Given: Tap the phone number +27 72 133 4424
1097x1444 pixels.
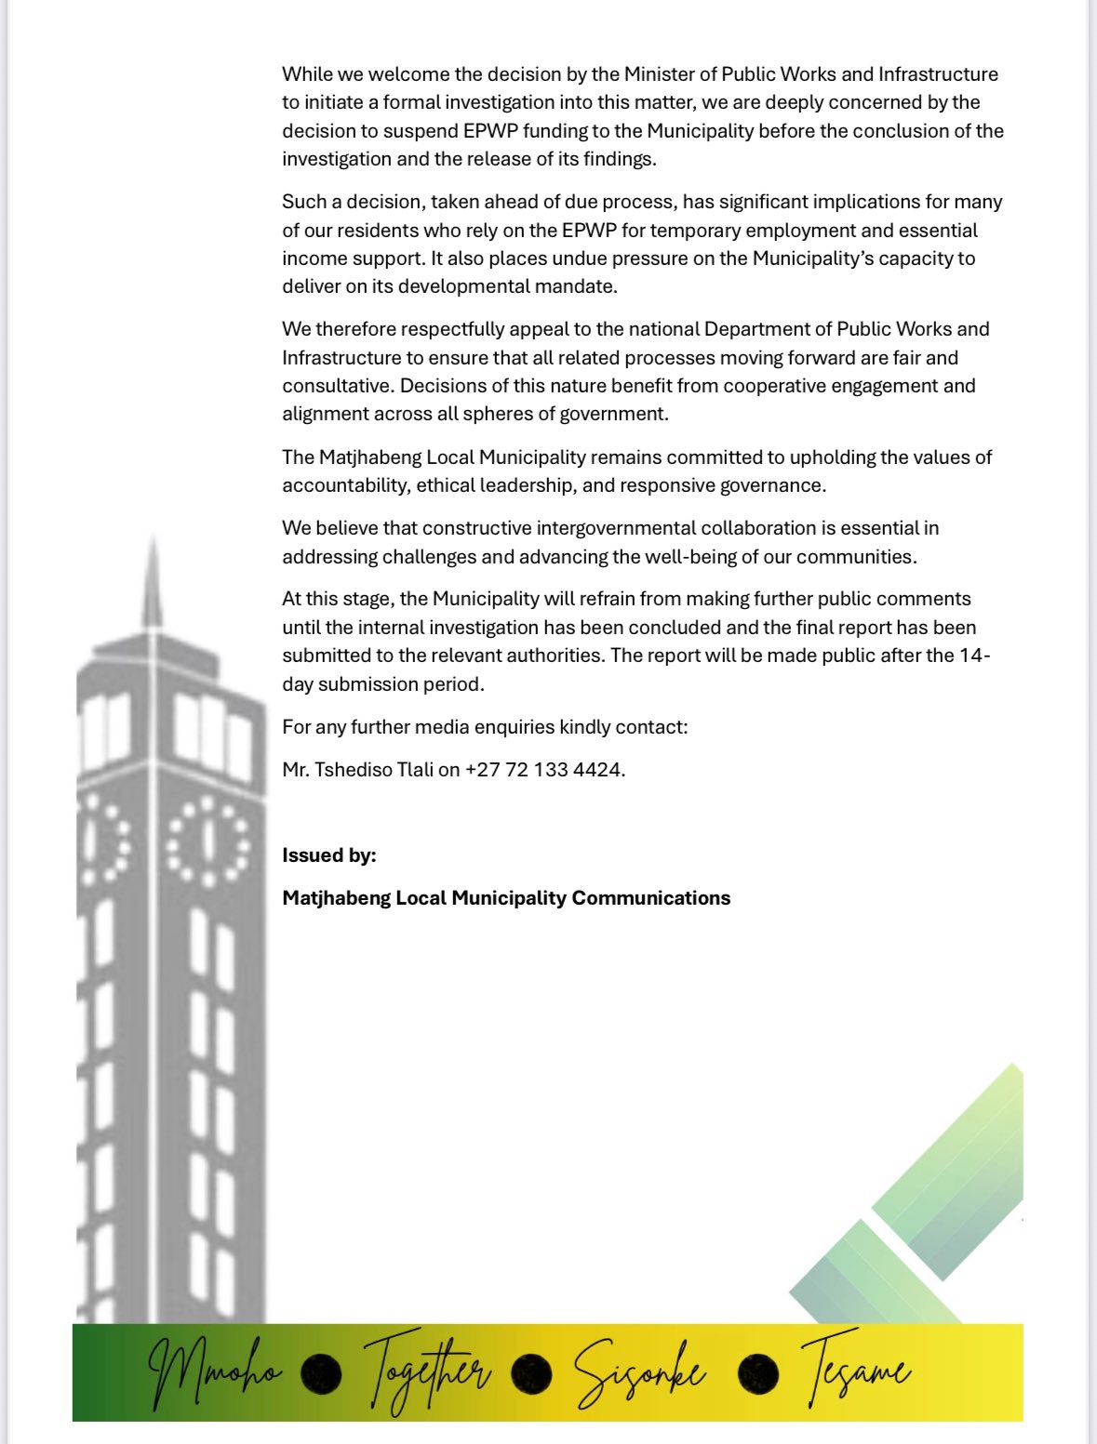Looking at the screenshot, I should [x=544, y=770].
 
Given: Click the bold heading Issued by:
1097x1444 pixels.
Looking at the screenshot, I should [x=329, y=855].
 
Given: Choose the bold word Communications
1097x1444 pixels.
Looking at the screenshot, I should [x=650, y=898].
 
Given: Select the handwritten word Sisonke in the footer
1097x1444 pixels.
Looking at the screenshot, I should [x=638, y=1372].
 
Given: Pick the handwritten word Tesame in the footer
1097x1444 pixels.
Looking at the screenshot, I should [x=854, y=1371].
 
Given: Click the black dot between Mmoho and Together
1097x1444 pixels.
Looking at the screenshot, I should [x=321, y=1373].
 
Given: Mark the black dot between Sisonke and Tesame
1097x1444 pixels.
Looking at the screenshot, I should [x=757, y=1373].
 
